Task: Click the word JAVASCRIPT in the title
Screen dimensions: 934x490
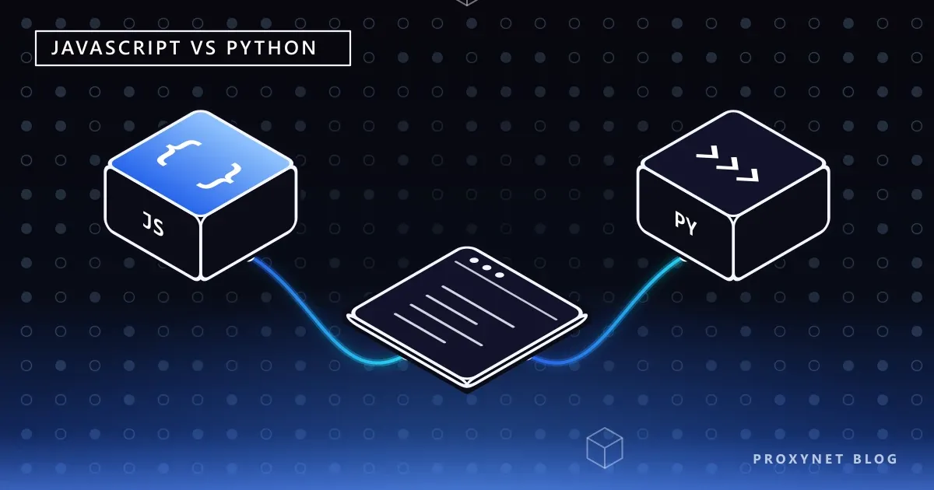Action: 116,48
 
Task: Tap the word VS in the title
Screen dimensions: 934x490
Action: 204,48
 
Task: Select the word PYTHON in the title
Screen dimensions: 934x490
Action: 272,48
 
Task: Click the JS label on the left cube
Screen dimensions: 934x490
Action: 153,224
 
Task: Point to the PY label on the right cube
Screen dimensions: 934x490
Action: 686,224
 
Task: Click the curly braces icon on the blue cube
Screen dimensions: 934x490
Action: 199,165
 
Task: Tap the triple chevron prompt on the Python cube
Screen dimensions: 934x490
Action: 728,164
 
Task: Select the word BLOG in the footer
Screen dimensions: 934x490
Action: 876,459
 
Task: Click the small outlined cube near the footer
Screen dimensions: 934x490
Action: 605,448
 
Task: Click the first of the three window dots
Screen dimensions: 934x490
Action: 474,261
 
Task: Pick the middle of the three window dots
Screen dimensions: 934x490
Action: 486,268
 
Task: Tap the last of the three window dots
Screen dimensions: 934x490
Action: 499,275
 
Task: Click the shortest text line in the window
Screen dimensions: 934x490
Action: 420,328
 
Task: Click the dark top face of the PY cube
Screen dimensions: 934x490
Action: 733,163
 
